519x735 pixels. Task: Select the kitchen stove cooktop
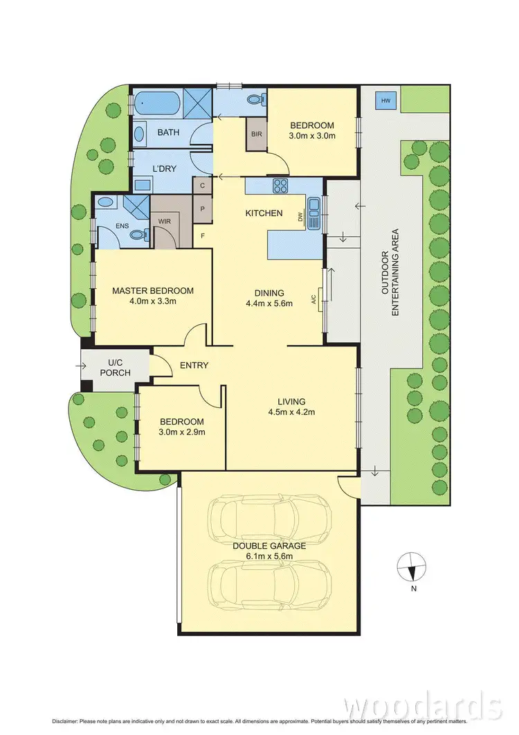[x=282, y=186]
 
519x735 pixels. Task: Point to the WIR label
[x=165, y=222]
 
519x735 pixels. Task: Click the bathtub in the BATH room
[x=156, y=104]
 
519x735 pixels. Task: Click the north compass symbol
[x=410, y=568]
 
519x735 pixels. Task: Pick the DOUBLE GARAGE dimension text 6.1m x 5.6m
[x=268, y=556]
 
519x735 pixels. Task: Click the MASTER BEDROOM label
[x=153, y=291]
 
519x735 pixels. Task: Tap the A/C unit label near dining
[x=314, y=299]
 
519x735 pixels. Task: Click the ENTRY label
[x=194, y=365]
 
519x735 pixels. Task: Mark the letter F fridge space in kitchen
[x=203, y=235]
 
